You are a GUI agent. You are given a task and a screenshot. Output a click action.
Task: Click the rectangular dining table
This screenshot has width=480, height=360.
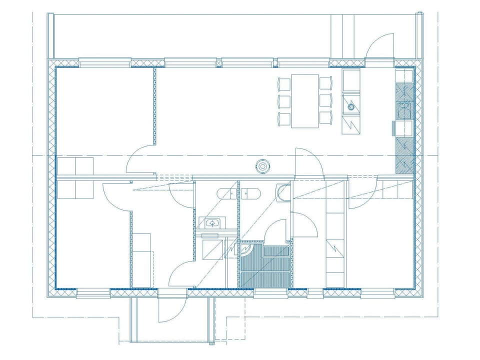coord(305,100)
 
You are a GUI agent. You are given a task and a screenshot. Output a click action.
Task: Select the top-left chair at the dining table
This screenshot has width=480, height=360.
coord(284,83)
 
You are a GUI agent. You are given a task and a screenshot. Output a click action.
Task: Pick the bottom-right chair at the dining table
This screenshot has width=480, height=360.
coord(326,118)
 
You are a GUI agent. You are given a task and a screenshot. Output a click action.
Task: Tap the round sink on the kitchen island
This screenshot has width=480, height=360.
coord(351,105)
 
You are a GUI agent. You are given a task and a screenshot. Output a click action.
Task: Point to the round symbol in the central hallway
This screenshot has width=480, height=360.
coord(263,165)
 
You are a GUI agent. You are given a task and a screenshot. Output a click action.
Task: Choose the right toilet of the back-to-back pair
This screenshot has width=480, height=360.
coord(252,193)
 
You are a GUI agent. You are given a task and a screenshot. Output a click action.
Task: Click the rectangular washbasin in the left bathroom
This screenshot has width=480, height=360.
coord(213,222)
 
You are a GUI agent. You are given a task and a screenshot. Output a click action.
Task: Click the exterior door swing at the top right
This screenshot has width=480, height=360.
coord(380,47)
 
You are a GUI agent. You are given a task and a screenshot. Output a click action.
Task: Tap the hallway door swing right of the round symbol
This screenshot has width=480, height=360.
coord(308,163)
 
